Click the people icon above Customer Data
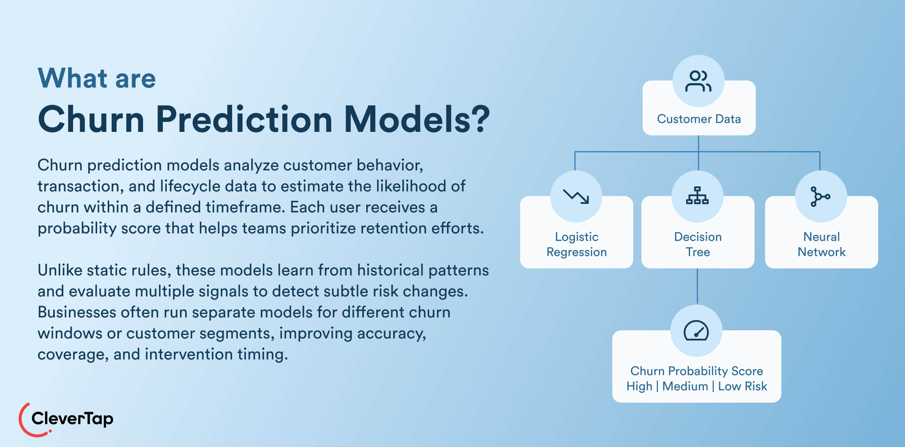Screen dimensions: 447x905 pyautogui.click(x=698, y=81)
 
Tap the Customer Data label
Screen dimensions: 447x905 pyautogui.click(x=699, y=119)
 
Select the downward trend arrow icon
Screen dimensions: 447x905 pyautogui.click(x=576, y=196)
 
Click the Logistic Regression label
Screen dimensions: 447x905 pyautogui.click(x=577, y=244)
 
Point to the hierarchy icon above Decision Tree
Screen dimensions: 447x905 pyautogui.click(x=697, y=196)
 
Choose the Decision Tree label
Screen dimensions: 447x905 pyautogui.click(x=698, y=244)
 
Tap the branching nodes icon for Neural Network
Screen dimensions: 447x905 pyautogui.click(x=820, y=196)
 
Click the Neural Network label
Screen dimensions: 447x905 pyautogui.click(x=821, y=244)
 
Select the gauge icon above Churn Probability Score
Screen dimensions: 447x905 pyautogui.click(x=696, y=331)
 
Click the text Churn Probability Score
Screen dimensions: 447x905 pyautogui.click(x=696, y=371)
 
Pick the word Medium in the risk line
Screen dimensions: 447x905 pyautogui.click(x=685, y=386)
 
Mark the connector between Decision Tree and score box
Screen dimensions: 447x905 pyautogui.click(x=697, y=286)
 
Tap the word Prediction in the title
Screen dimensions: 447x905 pyautogui.click(x=244, y=119)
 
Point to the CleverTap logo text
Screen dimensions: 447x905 pyautogui.click(x=72, y=419)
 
